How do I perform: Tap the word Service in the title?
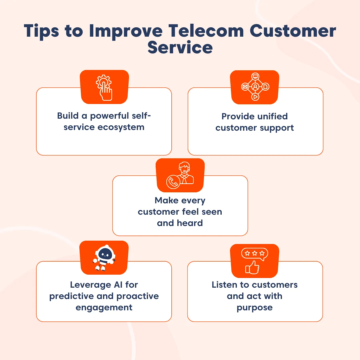pos(180,48)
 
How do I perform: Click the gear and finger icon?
pos(104,87)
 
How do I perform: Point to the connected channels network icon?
pos(255,87)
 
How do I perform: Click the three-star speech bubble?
pos(255,254)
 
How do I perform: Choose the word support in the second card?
pos(278,128)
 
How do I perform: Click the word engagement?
pos(104,307)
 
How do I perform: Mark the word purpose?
pos(255,307)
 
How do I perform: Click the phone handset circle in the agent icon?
pos(173,182)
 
